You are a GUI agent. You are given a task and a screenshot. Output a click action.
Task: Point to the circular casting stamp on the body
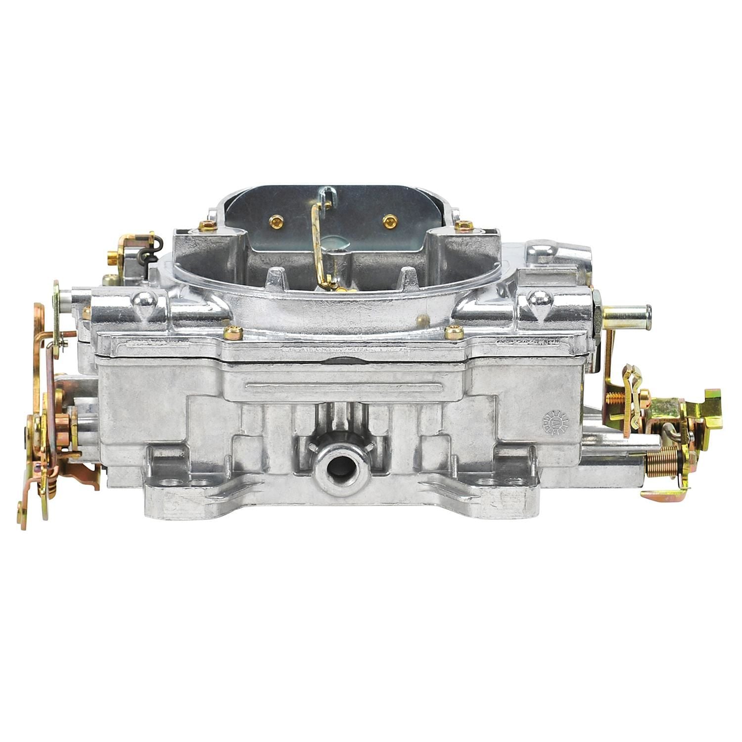coord(556,422)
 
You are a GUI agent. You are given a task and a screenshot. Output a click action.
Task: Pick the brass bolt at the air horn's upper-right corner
coord(464,226)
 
